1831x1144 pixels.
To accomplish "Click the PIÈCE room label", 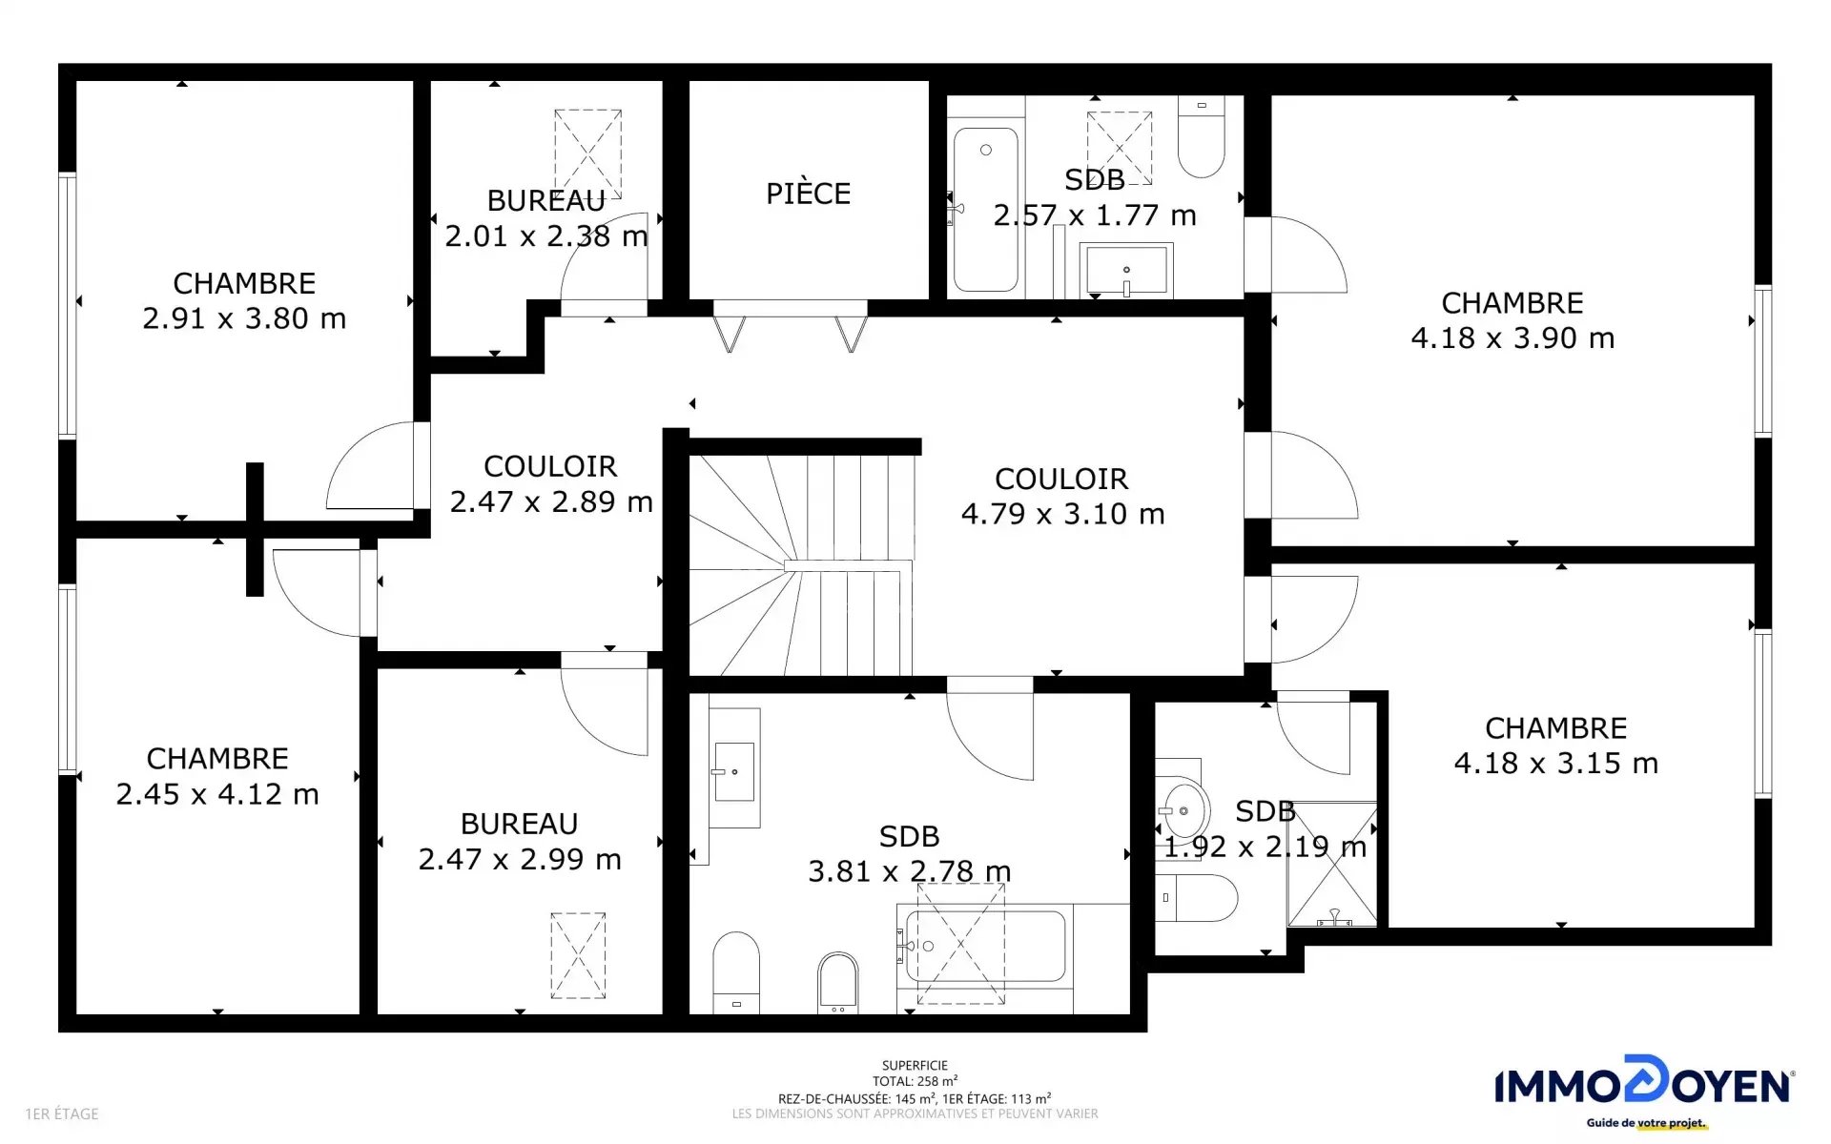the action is (808, 194).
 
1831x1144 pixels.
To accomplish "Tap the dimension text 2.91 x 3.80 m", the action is (244, 318).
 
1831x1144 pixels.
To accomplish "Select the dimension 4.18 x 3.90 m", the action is (1512, 337).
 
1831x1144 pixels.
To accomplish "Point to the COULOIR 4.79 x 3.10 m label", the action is (1062, 496).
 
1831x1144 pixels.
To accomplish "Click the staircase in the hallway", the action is (801, 564).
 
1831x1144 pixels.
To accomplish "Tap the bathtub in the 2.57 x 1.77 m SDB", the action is (986, 210).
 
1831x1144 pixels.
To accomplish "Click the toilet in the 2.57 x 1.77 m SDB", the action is (1201, 137).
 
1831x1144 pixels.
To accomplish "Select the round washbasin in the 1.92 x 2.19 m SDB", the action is (1183, 811).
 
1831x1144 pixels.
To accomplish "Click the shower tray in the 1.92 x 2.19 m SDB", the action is (1332, 864).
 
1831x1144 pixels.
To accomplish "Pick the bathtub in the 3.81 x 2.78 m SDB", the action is (985, 946).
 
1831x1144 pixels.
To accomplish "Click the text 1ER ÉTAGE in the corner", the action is (62, 1113).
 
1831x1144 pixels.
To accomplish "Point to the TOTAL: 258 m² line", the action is (915, 1081).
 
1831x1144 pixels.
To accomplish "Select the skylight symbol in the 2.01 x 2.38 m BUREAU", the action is (588, 153).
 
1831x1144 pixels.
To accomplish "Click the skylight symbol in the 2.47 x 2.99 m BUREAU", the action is (578, 955).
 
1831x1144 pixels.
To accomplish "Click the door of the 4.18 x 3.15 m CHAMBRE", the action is (1314, 619).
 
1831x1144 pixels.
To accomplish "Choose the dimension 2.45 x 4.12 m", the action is (217, 794).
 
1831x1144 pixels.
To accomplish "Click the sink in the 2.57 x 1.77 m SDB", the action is (1126, 270).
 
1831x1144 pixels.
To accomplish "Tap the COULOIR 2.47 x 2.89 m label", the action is (551, 483).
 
